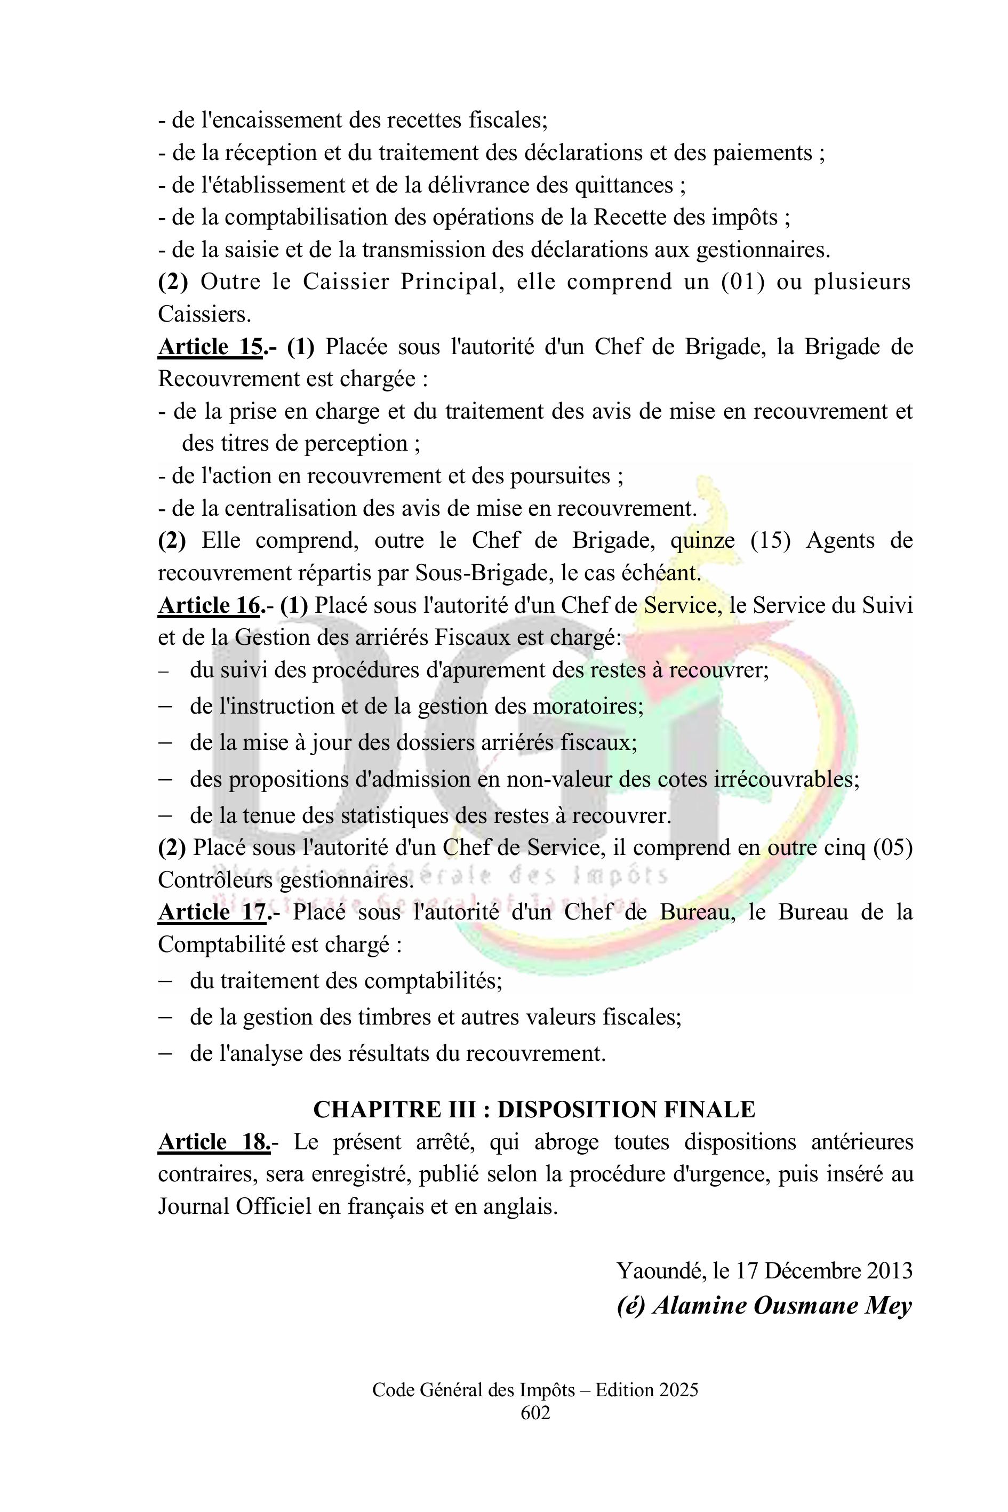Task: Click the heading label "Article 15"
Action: click(x=210, y=347)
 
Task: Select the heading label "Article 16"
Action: click(x=209, y=605)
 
